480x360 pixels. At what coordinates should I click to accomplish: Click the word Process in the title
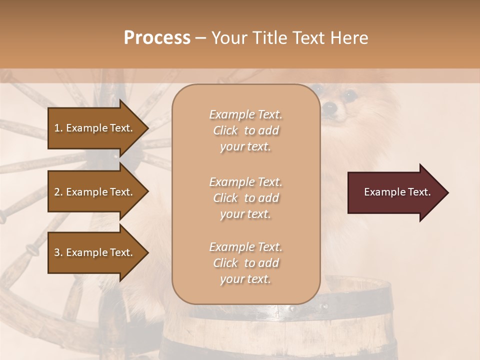click(x=157, y=38)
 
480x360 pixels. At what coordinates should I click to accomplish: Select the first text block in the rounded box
click(x=245, y=130)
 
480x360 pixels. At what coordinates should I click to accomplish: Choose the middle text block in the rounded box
click(x=245, y=197)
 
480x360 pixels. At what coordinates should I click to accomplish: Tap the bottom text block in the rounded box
click(x=245, y=262)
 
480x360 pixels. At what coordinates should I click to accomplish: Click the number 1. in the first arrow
click(x=58, y=128)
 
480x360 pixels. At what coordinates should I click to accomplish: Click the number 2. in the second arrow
click(x=58, y=192)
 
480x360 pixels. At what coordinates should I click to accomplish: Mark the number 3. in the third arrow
click(x=58, y=252)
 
